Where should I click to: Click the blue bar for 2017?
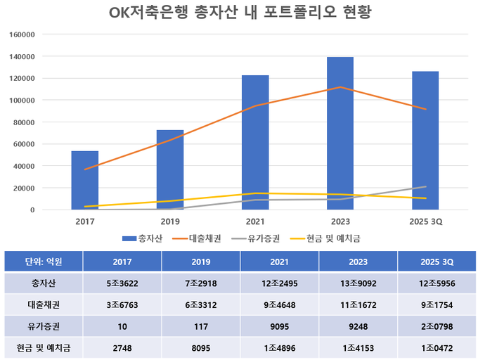click(85, 180)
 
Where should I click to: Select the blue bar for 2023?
click(340, 134)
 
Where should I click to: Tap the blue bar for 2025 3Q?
click(425, 141)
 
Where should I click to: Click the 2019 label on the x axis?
click(170, 221)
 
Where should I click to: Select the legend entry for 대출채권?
click(205, 238)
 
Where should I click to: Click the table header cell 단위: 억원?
click(44, 261)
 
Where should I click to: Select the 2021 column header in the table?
click(280, 261)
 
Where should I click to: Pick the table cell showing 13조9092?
click(358, 283)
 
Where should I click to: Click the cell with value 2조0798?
click(437, 326)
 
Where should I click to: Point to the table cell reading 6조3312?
click(201, 304)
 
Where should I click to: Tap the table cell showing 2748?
click(122, 347)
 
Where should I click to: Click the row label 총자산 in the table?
click(44, 283)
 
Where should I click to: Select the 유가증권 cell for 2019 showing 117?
click(201, 326)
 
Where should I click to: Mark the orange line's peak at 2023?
click(340, 87)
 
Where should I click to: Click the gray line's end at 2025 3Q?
click(425, 186)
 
